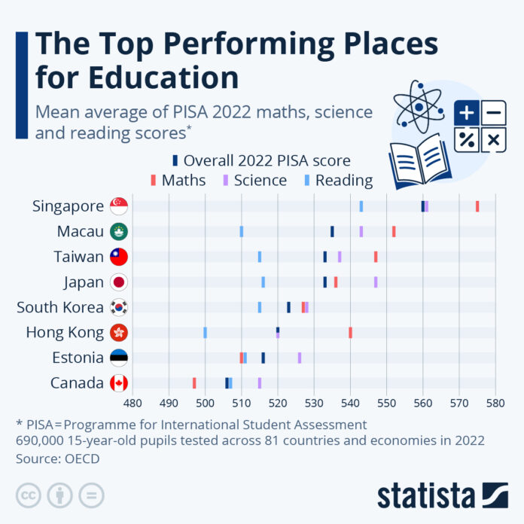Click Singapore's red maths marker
pyautogui.click(x=477, y=206)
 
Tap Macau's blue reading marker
pyautogui.click(x=242, y=231)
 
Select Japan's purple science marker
pyautogui.click(x=376, y=282)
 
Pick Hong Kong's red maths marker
pyautogui.click(x=350, y=333)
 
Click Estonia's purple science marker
pyautogui.click(x=300, y=358)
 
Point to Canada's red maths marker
pyautogui.click(x=194, y=383)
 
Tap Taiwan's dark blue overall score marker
pyautogui.click(x=325, y=257)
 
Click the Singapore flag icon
pyautogui.click(x=119, y=206)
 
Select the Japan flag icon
pyautogui.click(x=119, y=282)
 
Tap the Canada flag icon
pyautogui.click(x=119, y=383)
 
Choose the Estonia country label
pyautogui.click(x=78, y=358)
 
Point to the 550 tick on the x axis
pyautogui.click(x=386, y=404)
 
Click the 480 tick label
pyautogui.click(x=133, y=404)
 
